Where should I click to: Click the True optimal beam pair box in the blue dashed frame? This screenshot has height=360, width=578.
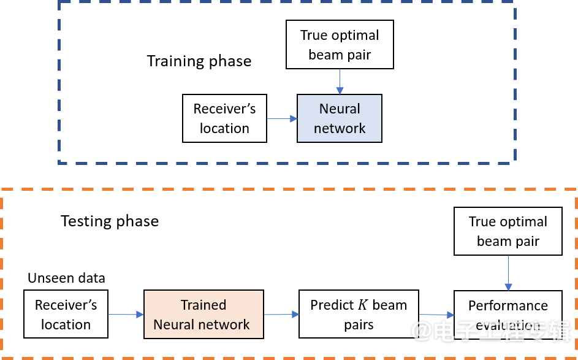(x=340, y=45)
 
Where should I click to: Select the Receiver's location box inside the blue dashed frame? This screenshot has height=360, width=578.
(x=224, y=118)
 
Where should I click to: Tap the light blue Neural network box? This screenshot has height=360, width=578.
(x=340, y=118)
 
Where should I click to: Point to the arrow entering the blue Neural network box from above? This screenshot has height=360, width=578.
(x=340, y=81)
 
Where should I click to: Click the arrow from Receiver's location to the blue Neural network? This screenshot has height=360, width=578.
(x=282, y=119)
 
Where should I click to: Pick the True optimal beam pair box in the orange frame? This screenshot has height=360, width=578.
(x=508, y=231)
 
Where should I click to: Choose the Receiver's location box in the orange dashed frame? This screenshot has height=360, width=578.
(x=66, y=315)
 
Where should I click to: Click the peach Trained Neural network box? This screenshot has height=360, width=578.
(x=203, y=315)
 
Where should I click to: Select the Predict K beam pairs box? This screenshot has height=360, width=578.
(x=359, y=315)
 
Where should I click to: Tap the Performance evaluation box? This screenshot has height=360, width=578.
(x=508, y=315)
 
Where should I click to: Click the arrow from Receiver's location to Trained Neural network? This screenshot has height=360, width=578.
(x=126, y=315)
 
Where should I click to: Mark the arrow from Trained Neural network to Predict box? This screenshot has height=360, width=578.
(x=281, y=315)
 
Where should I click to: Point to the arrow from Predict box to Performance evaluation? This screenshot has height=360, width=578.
(x=436, y=315)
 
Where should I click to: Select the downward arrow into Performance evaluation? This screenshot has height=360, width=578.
(x=508, y=273)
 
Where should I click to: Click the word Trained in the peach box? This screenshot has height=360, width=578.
(x=203, y=305)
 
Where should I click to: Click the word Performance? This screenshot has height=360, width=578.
(x=508, y=305)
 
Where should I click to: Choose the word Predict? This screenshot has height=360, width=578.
(x=332, y=305)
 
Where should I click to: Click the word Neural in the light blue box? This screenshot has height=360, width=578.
(x=340, y=109)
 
